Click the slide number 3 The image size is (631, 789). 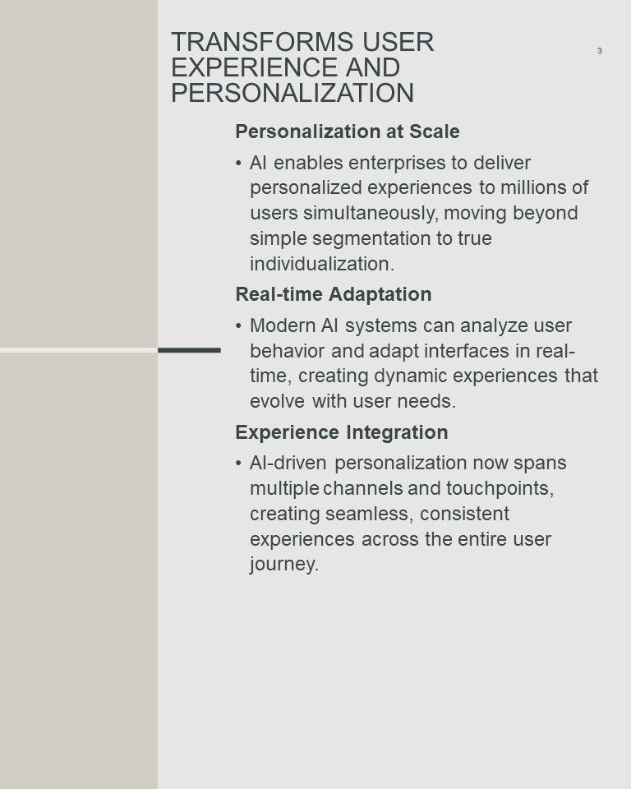click(599, 50)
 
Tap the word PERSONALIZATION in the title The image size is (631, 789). click(292, 93)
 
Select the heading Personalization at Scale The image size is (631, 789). click(348, 131)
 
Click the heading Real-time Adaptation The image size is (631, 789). click(334, 294)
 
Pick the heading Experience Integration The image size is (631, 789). click(342, 432)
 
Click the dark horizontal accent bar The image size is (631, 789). click(189, 350)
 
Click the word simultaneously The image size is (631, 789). click(371, 213)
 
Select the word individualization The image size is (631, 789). click(322, 264)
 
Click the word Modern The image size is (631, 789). click(283, 325)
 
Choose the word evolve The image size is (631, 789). click(277, 402)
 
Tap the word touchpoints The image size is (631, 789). click(500, 488)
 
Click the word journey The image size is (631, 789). click(284, 565)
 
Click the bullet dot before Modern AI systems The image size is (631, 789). click(238, 326)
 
